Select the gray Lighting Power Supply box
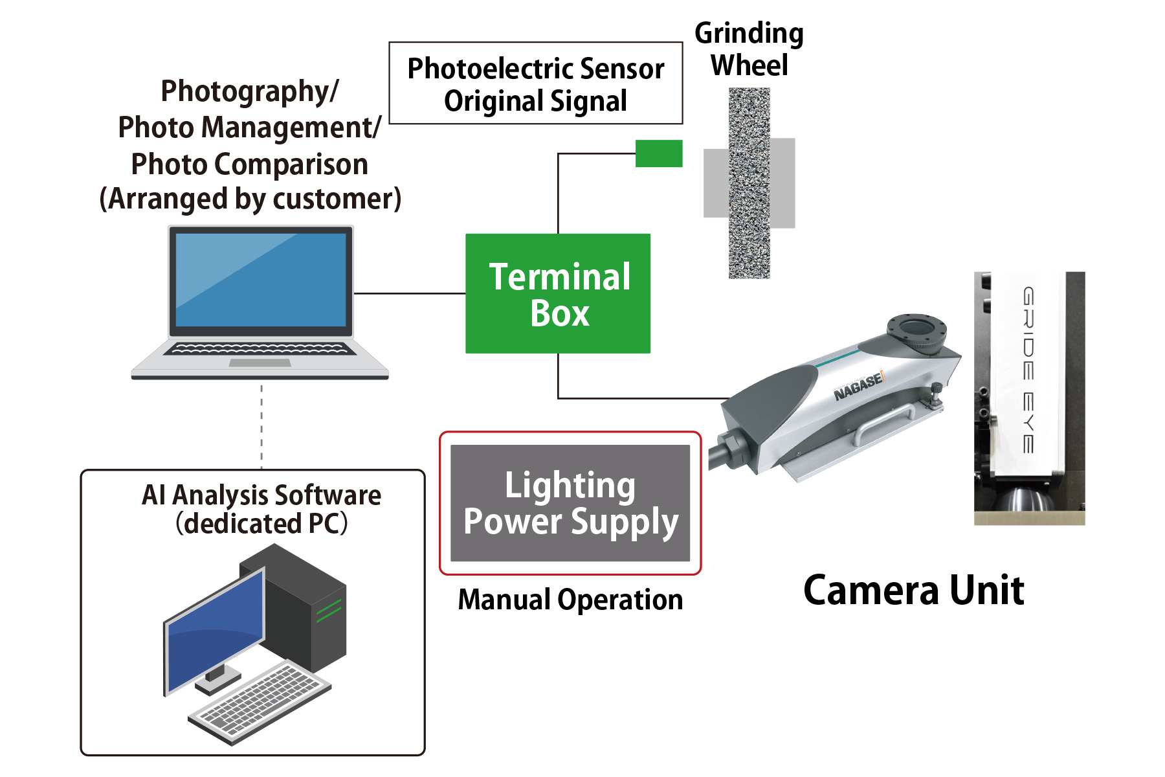tap(570, 503)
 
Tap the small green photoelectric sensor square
tap(659, 153)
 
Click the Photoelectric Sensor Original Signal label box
tap(535, 84)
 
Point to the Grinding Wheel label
tap(749, 49)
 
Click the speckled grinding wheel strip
tap(749, 183)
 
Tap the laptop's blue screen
tap(261, 280)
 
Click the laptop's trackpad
tap(260, 363)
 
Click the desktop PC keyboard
tap(259, 702)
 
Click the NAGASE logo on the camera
tap(858, 387)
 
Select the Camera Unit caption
tap(913, 591)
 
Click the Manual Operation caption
tap(570, 600)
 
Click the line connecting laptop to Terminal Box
tap(410, 293)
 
